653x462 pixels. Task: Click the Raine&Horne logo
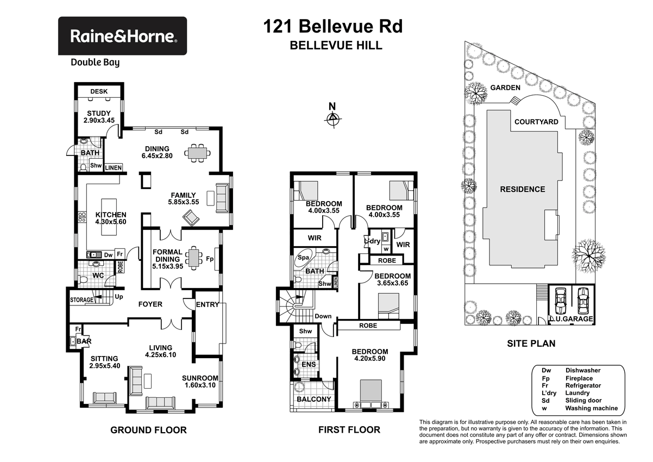tap(122, 36)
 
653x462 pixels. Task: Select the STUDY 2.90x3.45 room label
tap(98, 117)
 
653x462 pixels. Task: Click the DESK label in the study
tap(98, 92)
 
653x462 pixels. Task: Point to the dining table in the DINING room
tap(197, 153)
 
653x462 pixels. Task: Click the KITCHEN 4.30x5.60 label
tap(111, 218)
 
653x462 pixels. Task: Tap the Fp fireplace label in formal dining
tap(210, 259)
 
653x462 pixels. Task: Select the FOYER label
tap(150, 304)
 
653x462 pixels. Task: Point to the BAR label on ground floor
tap(83, 341)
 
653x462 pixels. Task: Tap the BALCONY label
tap(313, 399)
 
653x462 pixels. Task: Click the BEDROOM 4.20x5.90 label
tap(370, 355)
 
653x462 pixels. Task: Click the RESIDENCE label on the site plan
tap(523, 189)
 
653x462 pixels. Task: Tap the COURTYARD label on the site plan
tap(536, 122)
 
